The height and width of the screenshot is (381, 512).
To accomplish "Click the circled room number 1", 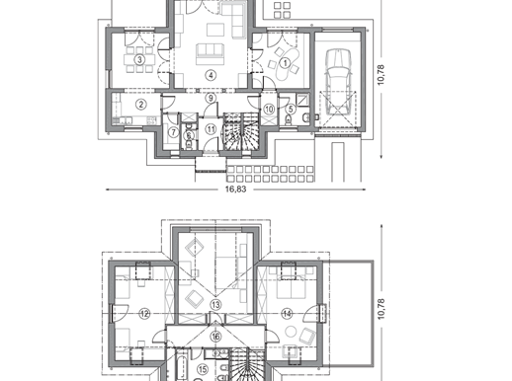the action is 286,62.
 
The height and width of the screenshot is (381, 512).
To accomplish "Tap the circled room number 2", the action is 141,105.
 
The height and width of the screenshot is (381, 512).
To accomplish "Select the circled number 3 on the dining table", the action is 140,59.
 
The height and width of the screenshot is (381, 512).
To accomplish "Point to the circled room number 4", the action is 211,75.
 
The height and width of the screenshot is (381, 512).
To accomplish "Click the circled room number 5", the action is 291,109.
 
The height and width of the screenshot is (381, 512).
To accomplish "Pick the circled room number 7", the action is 174,132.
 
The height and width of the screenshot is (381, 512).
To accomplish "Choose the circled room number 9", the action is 211,98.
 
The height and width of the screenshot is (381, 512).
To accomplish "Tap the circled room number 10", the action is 269,109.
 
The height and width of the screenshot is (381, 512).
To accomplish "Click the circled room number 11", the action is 211,129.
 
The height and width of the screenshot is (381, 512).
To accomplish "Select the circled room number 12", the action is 144,314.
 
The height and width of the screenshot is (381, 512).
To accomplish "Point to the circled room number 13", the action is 215,305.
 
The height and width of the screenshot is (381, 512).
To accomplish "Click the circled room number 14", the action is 287,314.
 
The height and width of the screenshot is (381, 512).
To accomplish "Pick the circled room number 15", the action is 203,369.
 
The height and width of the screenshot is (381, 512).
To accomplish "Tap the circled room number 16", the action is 215,337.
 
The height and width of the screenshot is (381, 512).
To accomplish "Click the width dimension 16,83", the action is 235,190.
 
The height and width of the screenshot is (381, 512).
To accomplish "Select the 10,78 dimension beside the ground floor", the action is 381,75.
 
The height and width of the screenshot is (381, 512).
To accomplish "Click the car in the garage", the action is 338,81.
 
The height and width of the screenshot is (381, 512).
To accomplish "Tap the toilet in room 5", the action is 289,120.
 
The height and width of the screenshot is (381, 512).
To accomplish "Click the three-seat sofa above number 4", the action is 210,54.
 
